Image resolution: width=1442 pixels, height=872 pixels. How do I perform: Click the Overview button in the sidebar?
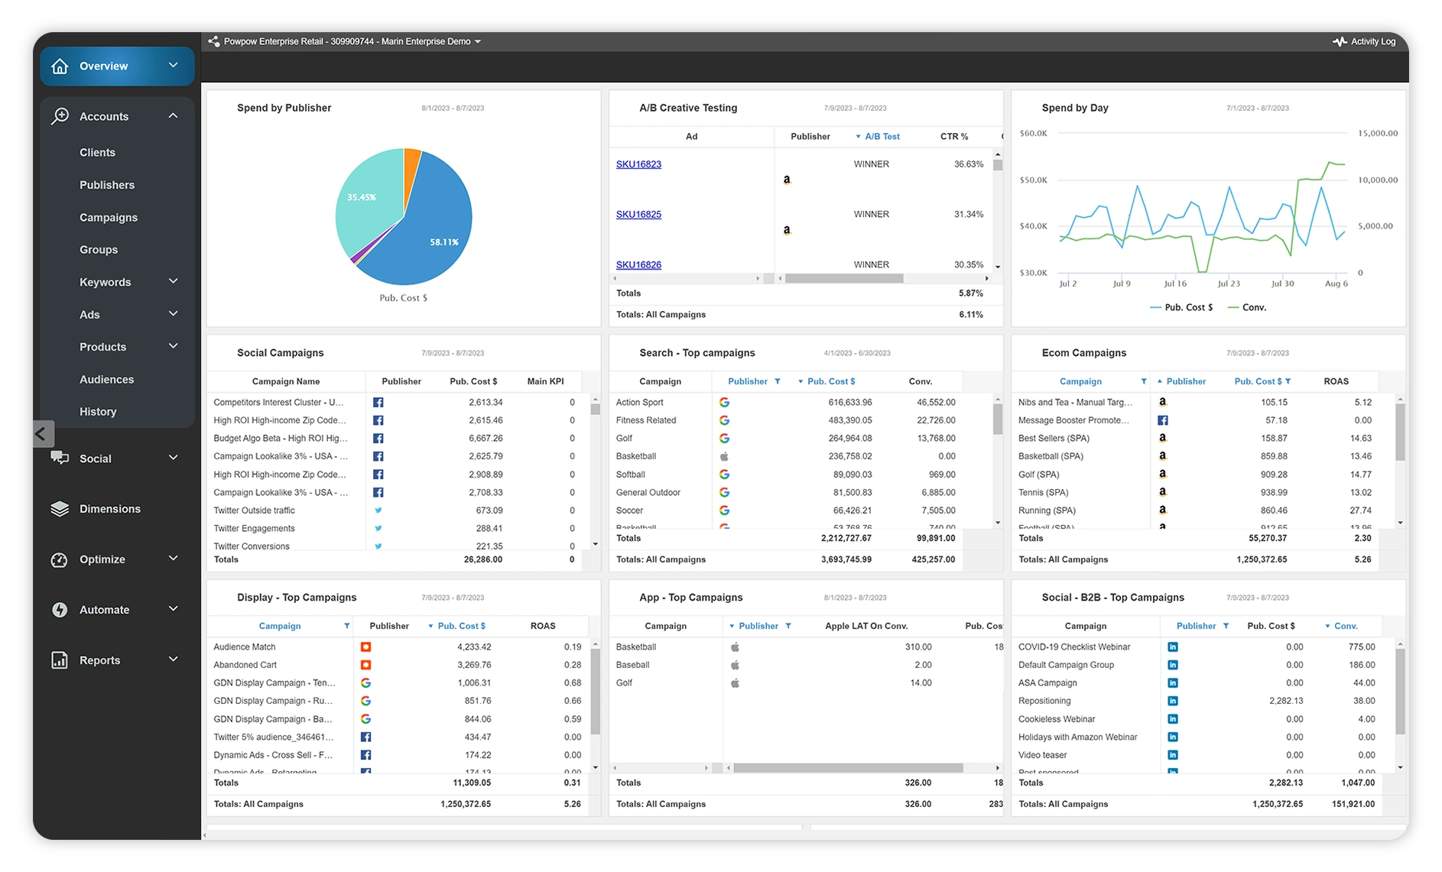click(x=103, y=66)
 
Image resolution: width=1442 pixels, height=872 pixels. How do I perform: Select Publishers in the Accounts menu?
click(x=107, y=185)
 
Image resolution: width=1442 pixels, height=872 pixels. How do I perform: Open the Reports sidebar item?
click(x=99, y=660)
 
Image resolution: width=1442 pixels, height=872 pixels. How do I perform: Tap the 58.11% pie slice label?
click(x=443, y=242)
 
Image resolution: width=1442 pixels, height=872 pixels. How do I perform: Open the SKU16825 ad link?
click(x=638, y=215)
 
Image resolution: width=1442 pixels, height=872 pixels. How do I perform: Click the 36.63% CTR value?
click(x=968, y=164)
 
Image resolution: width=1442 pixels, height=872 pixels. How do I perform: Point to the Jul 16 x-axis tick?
click(x=1175, y=284)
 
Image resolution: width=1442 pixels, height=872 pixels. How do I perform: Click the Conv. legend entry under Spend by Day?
click(x=1253, y=307)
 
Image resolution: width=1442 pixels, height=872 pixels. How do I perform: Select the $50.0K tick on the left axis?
click(x=1033, y=180)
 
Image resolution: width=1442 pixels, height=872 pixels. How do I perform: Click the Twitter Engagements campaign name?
click(x=254, y=529)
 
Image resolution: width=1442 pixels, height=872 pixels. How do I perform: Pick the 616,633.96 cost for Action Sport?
click(x=849, y=403)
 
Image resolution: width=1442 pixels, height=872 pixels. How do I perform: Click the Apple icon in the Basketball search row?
click(x=724, y=456)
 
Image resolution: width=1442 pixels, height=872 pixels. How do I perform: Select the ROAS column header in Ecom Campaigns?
click(x=1336, y=381)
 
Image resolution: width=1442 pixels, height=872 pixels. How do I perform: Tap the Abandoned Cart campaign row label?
click(x=245, y=665)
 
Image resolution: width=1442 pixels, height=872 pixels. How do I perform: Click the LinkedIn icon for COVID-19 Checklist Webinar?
click(x=1173, y=647)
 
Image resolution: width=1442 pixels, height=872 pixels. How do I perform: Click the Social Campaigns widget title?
click(x=280, y=353)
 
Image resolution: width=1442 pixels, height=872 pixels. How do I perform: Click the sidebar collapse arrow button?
click(x=42, y=434)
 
